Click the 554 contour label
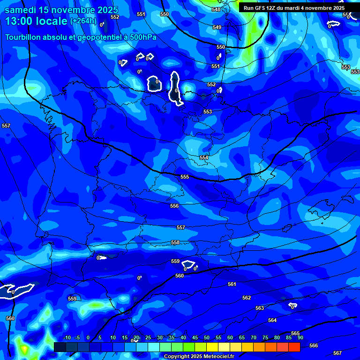click(x=204, y=158)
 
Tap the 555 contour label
click(x=185, y=177)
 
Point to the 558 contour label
click(x=175, y=242)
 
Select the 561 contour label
click(x=232, y=284)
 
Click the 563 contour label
click(x=260, y=308)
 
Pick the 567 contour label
click(x=337, y=353)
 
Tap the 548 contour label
click(x=216, y=10)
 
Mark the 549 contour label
click(x=217, y=28)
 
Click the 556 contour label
click(x=174, y=206)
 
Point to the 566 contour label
click(x=314, y=345)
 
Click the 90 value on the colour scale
click(x=300, y=337)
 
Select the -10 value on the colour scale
click(x=67, y=337)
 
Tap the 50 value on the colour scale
click(x=206, y=337)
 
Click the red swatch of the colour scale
click(x=294, y=347)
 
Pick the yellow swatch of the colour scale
click(x=212, y=347)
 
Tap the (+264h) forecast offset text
click(x=83, y=21)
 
